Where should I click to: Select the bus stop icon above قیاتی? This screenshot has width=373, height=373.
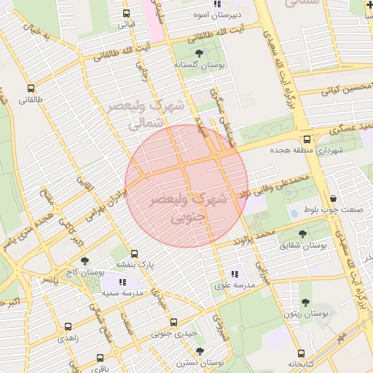tap(127, 13)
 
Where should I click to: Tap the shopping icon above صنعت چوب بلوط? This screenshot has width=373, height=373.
tap(334, 198)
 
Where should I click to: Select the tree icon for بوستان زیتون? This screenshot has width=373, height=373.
tap(305, 301)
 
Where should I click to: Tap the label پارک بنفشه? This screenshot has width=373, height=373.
tap(133, 267)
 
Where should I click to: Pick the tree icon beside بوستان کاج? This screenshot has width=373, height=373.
tap(85, 260)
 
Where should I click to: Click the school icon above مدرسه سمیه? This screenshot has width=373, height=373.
tap(120, 280)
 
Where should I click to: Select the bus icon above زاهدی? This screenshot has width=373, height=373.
tap(68, 328)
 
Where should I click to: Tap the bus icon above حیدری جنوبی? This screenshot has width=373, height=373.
tap(173, 322)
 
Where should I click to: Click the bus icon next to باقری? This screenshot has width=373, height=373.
tap(100, 358)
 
